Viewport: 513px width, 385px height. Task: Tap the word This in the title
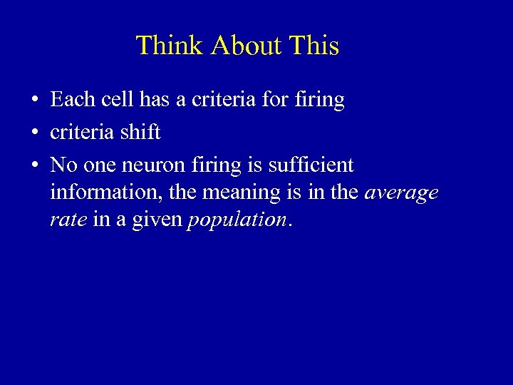315,46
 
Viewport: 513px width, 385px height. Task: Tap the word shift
140,133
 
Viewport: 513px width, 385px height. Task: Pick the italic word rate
68,220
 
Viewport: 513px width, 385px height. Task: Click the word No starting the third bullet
64,165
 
